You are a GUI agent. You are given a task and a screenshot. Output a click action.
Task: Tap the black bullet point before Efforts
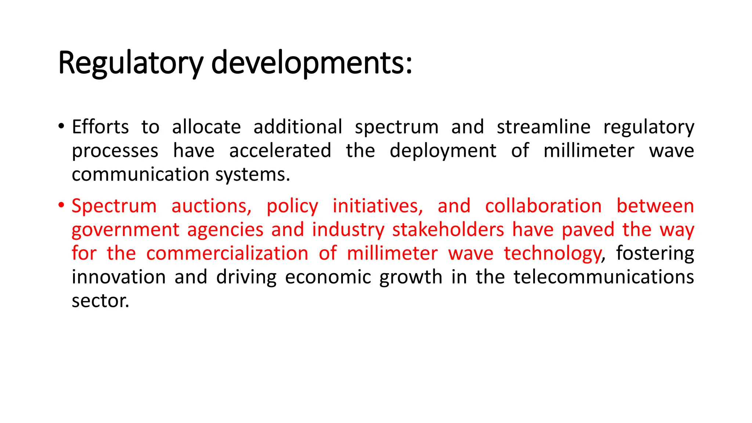(x=61, y=127)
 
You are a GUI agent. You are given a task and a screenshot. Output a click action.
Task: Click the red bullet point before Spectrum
(x=61, y=205)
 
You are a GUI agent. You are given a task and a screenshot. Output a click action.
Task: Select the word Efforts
(x=100, y=127)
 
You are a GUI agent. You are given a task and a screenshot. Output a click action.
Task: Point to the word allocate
(x=206, y=127)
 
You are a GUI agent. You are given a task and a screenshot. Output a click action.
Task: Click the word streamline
(x=543, y=127)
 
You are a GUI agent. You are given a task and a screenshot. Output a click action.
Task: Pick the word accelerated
(x=280, y=151)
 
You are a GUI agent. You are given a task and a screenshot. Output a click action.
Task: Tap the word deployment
(x=443, y=151)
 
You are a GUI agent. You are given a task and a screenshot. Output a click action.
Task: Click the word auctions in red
(x=211, y=206)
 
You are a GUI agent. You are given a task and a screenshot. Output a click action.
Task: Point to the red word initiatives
(x=377, y=206)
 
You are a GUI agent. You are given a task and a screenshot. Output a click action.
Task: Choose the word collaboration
(x=543, y=206)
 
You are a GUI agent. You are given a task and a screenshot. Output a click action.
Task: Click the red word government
(x=125, y=230)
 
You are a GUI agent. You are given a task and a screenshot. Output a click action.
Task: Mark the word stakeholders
(x=448, y=230)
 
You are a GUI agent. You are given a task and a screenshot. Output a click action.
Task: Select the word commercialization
(x=227, y=253)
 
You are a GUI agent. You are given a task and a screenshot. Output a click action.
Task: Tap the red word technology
(x=553, y=253)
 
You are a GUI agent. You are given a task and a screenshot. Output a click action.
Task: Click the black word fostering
(x=655, y=253)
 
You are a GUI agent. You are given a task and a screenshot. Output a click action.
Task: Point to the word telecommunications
(x=603, y=277)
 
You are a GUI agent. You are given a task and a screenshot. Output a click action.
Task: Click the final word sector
(x=100, y=301)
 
